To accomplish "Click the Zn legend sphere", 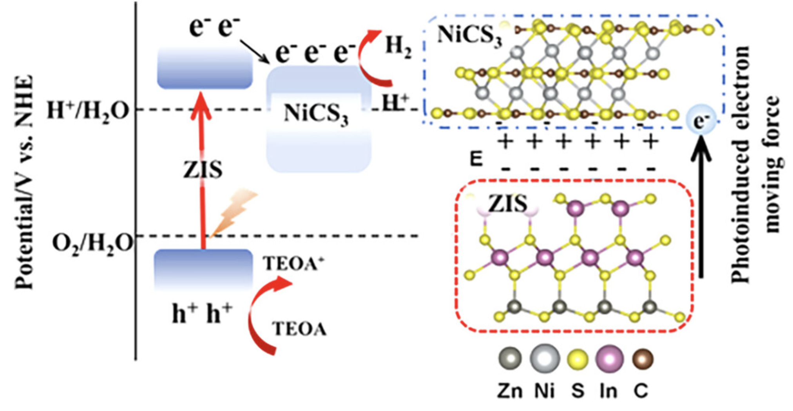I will point(510,358).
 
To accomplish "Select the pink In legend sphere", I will point(609,358).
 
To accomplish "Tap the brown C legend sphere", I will point(643,358).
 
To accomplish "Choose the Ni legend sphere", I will point(545,358).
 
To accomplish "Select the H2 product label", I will point(398,47).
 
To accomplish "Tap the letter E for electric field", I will point(476,159).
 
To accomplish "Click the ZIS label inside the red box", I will point(507,204).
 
